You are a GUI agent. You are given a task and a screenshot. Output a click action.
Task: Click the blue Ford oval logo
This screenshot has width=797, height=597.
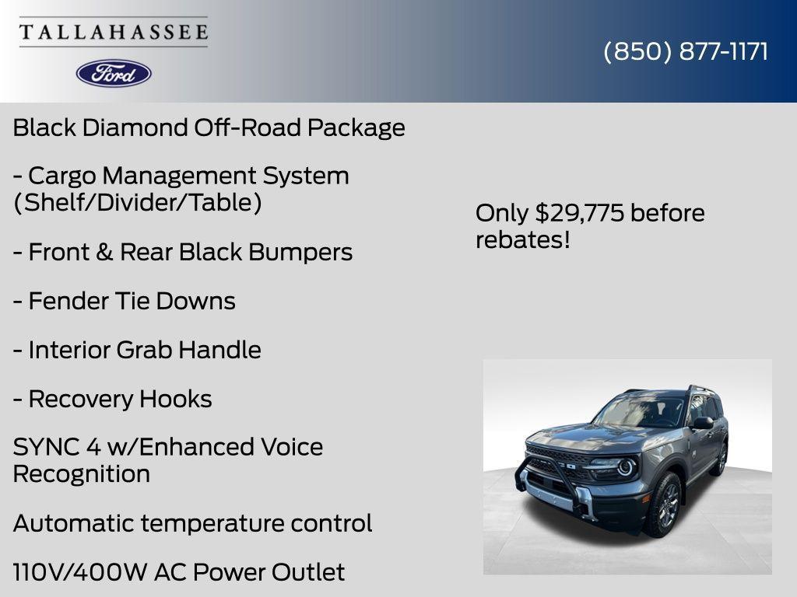pos(114,73)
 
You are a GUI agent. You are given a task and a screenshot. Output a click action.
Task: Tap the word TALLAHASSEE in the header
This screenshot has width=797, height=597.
pos(114,32)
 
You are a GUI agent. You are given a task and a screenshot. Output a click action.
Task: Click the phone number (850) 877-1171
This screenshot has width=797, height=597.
pos(686,51)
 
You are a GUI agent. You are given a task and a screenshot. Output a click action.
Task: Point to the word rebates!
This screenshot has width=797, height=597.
pos(523,240)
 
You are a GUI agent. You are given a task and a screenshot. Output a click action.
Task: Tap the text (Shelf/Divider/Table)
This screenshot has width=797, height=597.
pos(137,203)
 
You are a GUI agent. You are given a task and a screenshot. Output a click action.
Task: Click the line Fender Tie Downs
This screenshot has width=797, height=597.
pos(125,301)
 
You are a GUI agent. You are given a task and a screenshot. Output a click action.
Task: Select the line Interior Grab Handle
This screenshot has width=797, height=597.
pos(137,350)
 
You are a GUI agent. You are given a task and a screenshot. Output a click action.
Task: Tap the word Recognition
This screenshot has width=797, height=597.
pos(81,473)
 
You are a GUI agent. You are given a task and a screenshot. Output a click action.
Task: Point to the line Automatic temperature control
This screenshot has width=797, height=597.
pos(192,523)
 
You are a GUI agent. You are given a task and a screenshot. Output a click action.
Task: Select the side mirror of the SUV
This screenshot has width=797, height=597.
pos(702,422)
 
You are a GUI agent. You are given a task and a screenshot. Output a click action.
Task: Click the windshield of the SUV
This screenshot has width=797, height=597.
pos(638,410)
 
